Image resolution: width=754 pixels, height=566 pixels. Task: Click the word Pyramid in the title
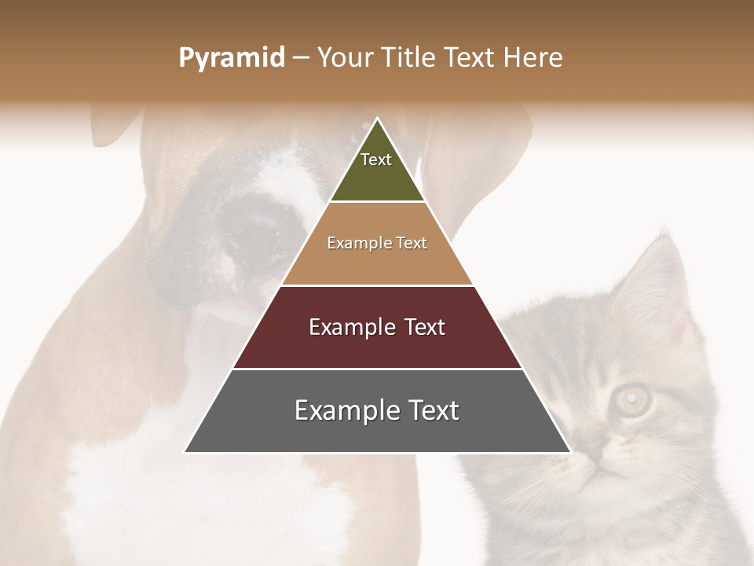coord(231,58)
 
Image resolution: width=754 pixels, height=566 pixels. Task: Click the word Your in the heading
coord(346,58)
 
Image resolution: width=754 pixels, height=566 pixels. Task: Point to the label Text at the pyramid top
coord(376,160)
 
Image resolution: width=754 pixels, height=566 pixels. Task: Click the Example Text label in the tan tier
coord(377,243)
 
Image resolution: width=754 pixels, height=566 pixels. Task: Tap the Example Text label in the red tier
coord(377,327)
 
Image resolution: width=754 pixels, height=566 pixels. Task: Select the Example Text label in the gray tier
coord(377,410)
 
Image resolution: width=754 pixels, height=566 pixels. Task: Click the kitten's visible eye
coord(632,399)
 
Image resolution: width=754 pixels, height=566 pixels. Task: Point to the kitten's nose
coord(595,452)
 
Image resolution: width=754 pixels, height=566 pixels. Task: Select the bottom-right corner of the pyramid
coord(570,452)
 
